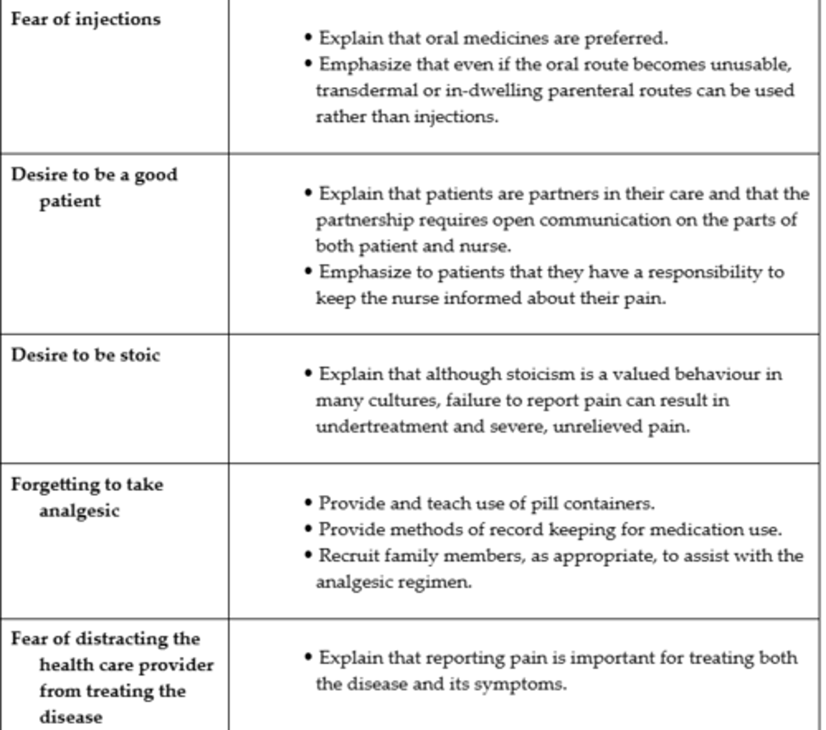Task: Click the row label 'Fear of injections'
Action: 86,19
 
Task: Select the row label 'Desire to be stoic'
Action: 85,355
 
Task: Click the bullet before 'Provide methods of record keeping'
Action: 308,529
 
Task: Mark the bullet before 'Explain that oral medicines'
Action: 308,38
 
